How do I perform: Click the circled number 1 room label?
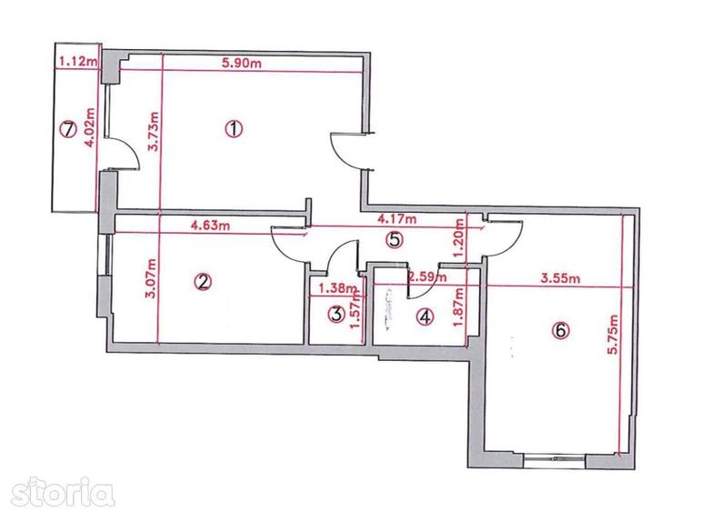235,128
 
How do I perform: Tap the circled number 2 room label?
202,281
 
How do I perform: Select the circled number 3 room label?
336,315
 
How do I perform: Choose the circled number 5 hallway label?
393,240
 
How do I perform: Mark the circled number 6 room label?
559,331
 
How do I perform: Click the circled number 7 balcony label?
65,128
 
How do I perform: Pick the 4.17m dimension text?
397,219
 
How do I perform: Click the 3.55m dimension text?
561,280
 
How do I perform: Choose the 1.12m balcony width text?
75,62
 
